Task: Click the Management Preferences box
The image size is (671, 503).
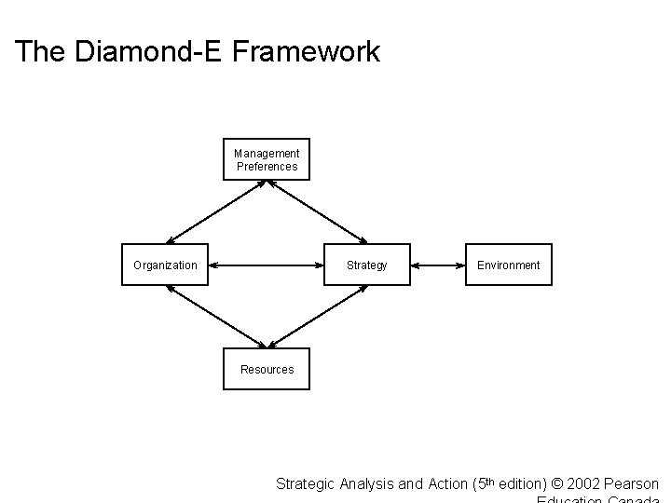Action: coord(267,159)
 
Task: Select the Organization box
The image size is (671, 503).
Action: coord(166,265)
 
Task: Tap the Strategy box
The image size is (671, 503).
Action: coord(366,265)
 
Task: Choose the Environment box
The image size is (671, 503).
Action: coord(508,265)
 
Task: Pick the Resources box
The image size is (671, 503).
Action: coord(267,370)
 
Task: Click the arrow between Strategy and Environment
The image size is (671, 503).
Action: coord(438,265)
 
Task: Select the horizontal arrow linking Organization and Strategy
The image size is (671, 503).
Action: coord(267,265)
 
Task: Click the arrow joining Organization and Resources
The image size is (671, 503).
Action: coord(216,317)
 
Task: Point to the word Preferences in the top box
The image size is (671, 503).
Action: coord(267,167)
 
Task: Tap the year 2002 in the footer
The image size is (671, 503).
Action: coord(580,483)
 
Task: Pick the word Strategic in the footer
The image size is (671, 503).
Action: coord(304,483)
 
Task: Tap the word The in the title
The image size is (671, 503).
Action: coord(38,51)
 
